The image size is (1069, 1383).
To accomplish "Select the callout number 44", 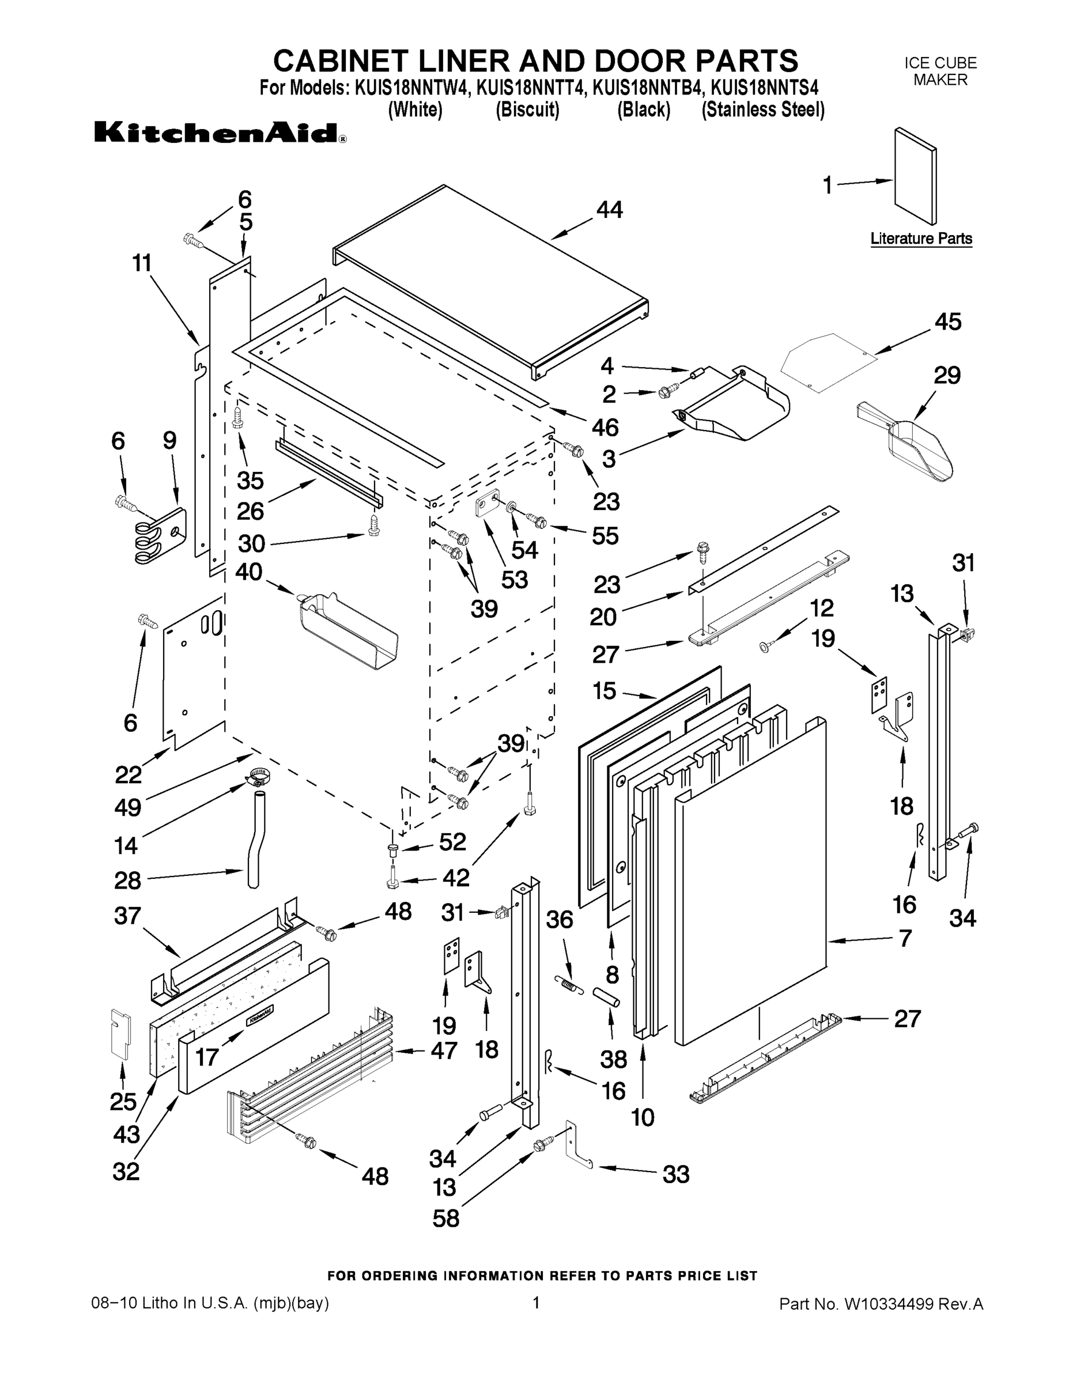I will (609, 210).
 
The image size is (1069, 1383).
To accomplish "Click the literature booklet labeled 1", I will (915, 175).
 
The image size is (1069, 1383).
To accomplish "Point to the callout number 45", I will (947, 322).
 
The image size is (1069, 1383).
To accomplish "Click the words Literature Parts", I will (921, 239).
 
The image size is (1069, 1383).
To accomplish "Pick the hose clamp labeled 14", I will (257, 776).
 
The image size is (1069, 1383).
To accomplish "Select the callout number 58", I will (445, 1218).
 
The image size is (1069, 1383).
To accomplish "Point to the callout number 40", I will (248, 572).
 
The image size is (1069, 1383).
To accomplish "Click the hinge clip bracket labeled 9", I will (164, 534).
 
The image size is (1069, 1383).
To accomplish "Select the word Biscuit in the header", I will (527, 109).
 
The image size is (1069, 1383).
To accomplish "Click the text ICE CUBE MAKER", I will (940, 71).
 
